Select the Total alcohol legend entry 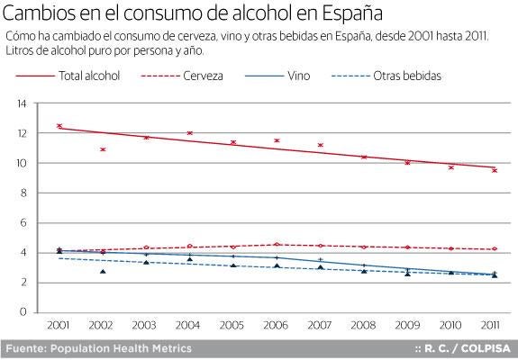pyautogui.click(x=89, y=76)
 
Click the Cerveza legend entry pyautogui.click(x=203, y=76)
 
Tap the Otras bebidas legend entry pyautogui.click(x=407, y=76)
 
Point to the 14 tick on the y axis pyautogui.click(x=20, y=104)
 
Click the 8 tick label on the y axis pyautogui.click(x=23, y=193)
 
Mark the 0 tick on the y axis pyautogui.click(x=23, y=312)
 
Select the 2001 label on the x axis pyautogui.click(x=59, y=323)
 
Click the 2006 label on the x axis pyautogui.click(x=277, y=323)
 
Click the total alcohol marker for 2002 pyautogui.click(x=103, y=149)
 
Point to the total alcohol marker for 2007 pyautogui.click(x=320, y=145)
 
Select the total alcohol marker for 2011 pyautogui.click(x=494, y=170)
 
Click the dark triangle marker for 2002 pyautogui.click(x=103, y=271)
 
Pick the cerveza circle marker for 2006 pyautogui.click(x=277, y=245)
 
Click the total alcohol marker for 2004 pyautogui.click(x=190, y=133)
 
